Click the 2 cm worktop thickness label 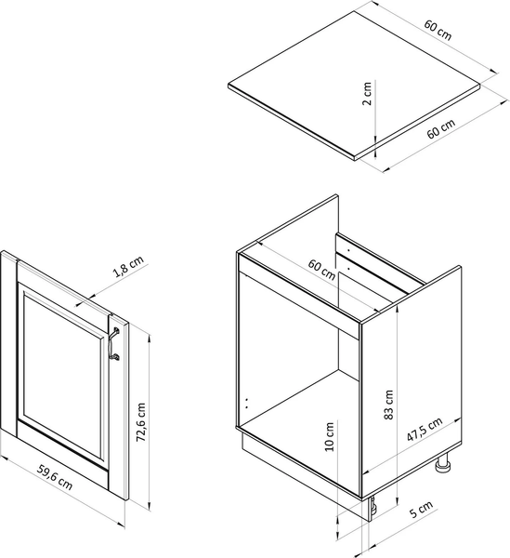[x=368, y=94]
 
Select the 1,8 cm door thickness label [x=128, y=266]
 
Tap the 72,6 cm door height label [x=141, y=422]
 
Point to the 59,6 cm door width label [x=55, y=478]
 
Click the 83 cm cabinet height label [x=389, y=405]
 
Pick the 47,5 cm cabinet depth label [x=425, y=430]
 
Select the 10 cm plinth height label [x=330, y=437]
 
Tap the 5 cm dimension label [x=422, y=509]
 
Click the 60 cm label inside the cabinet [x=321, y=270]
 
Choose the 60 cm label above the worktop [x=438, y=30]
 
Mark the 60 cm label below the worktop [x=440, y=128]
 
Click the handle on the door [x=113, y=344]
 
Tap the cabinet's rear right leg [x=443, y=463]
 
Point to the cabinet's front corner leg [x=373, y=506]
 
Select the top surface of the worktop [x=354, y=84]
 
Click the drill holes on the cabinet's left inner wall [x=247, y=403]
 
